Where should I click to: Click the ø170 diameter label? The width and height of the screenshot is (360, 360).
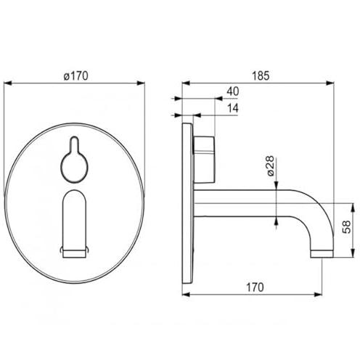[x=76, y=76]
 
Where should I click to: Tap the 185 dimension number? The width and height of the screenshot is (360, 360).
[x=261, y=75]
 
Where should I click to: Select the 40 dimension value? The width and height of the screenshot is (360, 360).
[x=233, y=91]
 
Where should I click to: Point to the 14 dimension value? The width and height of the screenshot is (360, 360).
[x=233, y=108]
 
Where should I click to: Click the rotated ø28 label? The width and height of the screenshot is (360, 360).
[x=270, y=165]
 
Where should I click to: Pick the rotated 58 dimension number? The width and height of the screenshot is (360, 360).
[x=347, y=226]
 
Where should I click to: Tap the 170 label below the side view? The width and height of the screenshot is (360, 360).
[x=255, y=287]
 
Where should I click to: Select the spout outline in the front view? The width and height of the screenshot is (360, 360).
[x=74, y=224]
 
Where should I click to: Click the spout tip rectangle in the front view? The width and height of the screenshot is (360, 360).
[x=74, y=254]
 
